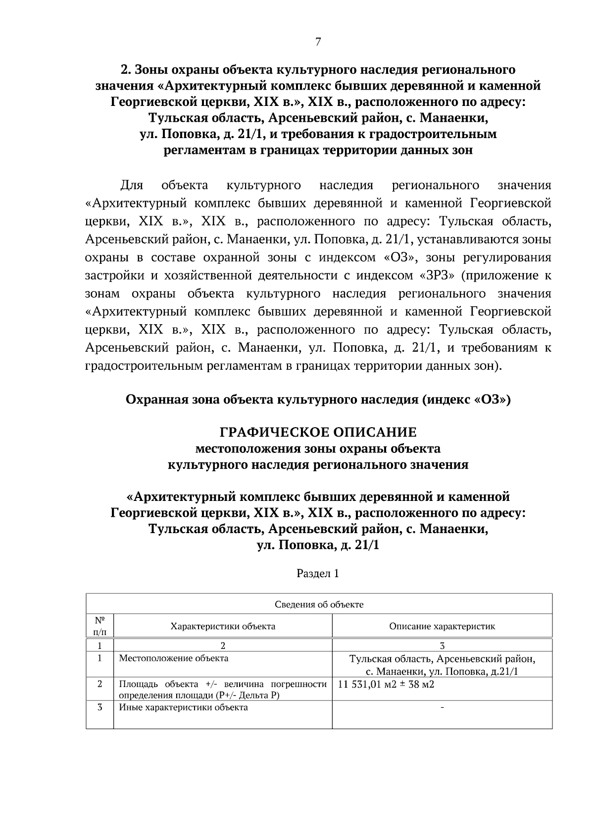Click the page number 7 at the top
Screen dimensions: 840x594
pos(318,42)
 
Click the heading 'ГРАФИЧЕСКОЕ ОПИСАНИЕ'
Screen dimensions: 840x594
pos(318,432)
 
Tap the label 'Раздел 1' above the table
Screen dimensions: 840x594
pos(318,573)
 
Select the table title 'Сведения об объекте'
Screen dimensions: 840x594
pos(319,604)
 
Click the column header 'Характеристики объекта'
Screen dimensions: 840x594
pos(223,626)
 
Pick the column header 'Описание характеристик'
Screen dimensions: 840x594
pos(442,626)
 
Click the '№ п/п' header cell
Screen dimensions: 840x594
pos(99,626)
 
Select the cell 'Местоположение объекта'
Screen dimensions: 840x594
pos(174,658)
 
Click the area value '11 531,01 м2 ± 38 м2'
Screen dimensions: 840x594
pos(386,685)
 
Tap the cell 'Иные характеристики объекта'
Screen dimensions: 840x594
pos(183,707)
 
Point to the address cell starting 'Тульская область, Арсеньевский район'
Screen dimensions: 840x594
pos(442,665)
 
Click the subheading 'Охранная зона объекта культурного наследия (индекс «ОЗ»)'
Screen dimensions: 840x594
pos(318,399)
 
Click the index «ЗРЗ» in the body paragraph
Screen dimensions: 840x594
pos(439,275)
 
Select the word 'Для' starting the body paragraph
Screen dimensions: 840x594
pos(132,186)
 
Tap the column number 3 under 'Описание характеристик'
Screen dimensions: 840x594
pos(442,645)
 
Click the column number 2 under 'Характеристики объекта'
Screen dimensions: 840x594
pos(223,645)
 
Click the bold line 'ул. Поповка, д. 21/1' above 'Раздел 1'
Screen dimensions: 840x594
pos(318,545)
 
